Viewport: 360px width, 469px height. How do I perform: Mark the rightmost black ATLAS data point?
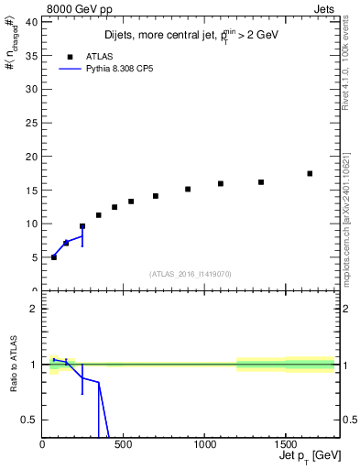point(310,173)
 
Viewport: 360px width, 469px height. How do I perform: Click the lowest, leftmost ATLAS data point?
point(53,257)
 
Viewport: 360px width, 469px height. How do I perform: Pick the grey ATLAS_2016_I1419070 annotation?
point(191,273)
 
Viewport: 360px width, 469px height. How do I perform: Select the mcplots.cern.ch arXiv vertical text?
point(348,211)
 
